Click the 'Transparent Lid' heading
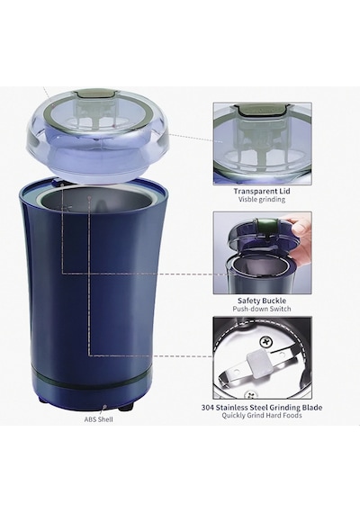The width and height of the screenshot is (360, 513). (x=262, y=191)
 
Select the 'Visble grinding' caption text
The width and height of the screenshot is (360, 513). (x=262, y=199)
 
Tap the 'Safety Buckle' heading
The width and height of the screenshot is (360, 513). (x=262, y=301)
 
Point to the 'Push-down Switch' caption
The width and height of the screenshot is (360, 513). (x=262, y=309)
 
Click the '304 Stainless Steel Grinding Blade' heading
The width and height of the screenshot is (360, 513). (x=262, y=408)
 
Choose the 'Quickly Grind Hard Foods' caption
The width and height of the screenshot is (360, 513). (x=262, y=416)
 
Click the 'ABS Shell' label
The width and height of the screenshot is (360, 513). (x=98, y=419)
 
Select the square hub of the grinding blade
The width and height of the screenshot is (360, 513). (x=256, y=362)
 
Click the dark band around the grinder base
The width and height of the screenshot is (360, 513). (x=93, y=378)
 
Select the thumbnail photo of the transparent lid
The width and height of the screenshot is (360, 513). (x=262, y=144)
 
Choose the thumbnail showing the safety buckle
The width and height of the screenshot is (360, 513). (x=262, y=253)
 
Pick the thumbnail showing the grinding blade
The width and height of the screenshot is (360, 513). (x=262, y=357)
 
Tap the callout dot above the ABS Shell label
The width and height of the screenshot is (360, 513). (x=104, y=408)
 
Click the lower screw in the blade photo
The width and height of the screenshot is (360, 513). (x=252, y=395)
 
